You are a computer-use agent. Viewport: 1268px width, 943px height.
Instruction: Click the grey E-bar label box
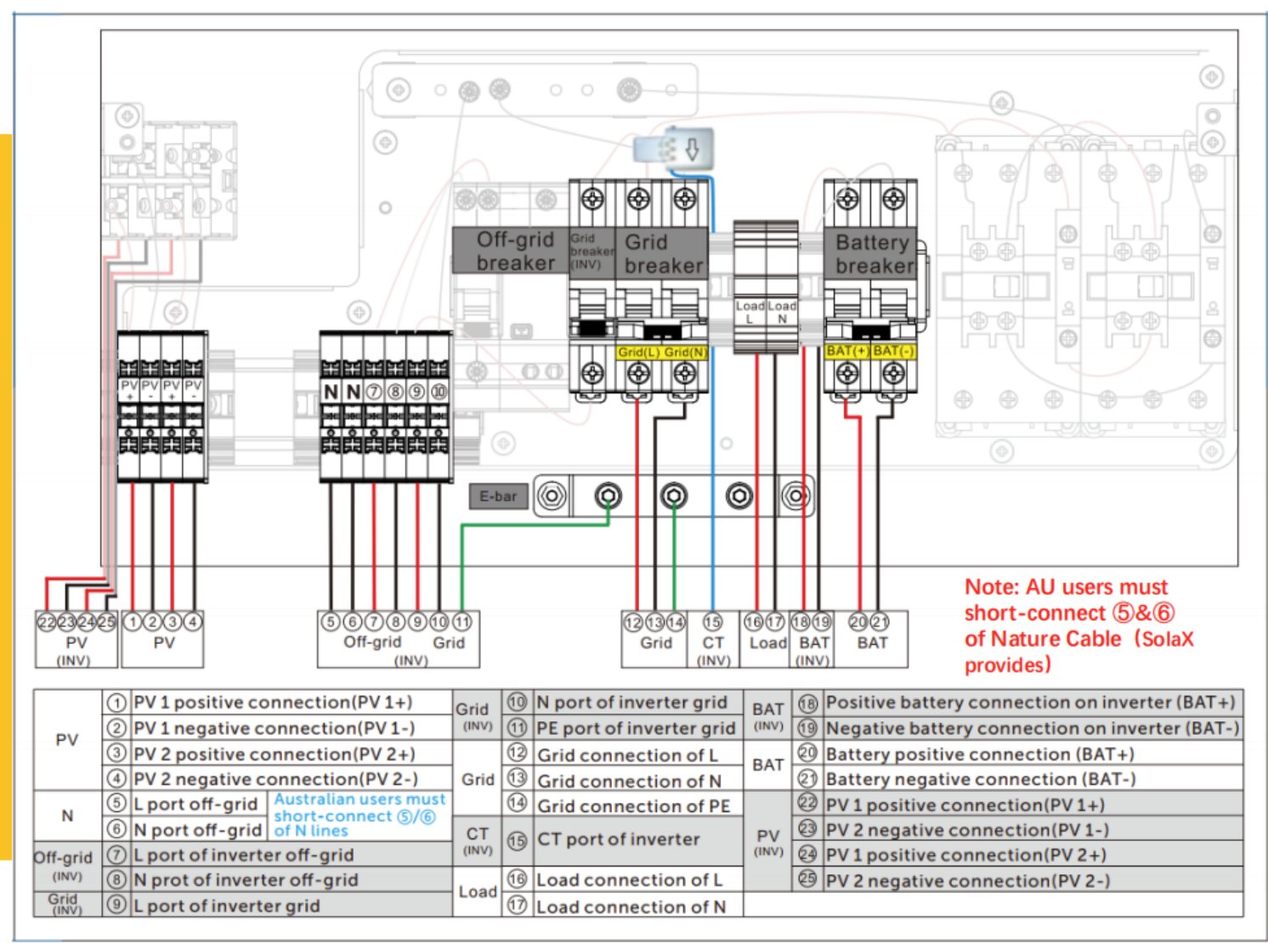(497, 496)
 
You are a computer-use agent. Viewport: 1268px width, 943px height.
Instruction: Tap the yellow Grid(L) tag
(638, 352)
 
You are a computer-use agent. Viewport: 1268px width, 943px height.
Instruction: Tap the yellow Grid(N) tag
(684, 352)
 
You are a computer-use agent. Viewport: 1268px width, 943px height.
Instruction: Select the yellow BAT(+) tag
(846, 351)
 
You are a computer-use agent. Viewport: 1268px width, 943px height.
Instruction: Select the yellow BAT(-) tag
(892, 351)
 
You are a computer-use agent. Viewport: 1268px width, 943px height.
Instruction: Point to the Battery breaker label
(872, 253)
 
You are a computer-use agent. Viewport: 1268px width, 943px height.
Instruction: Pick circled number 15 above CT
(712, 622)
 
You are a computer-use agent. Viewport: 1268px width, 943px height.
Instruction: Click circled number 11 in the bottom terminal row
(461, 622)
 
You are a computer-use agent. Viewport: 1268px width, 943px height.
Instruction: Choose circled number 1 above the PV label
(132, 622)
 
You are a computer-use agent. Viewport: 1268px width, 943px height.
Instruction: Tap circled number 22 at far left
(47, 622)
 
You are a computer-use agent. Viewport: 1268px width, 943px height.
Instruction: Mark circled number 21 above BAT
(880, 622)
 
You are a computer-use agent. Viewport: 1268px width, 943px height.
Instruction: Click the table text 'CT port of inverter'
(618, 839)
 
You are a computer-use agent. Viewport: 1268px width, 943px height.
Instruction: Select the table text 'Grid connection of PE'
(633, 805)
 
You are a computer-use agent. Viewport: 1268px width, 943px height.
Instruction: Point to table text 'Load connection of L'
(629, 880)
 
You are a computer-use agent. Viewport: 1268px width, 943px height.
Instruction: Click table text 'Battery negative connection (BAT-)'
(980, 779)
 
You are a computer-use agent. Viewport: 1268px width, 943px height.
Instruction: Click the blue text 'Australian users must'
(359, 799)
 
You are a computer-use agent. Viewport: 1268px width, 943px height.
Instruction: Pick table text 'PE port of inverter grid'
(635, 728)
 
